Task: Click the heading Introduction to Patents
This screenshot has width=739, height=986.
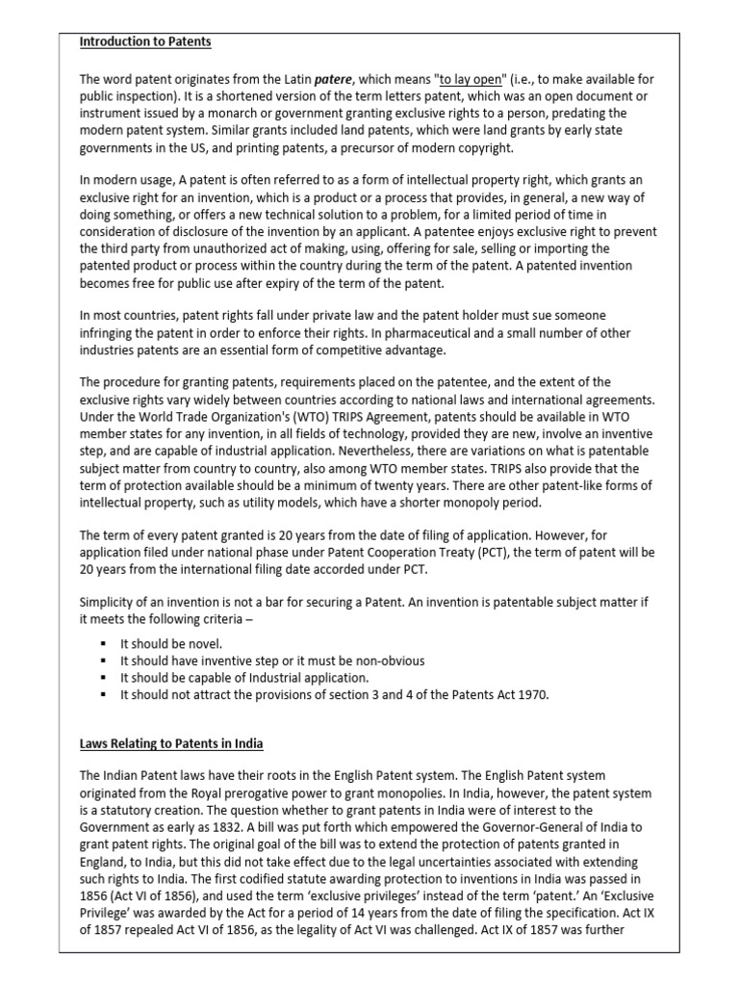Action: click(x=145, y=42)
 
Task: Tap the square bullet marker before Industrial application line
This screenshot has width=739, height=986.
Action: click(x=101, y=678)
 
